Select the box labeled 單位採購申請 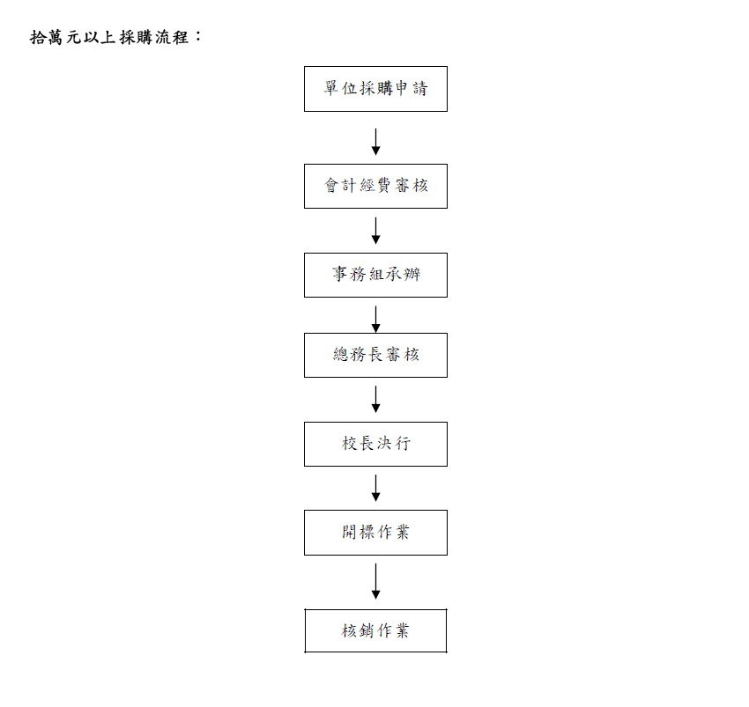coord(375,89)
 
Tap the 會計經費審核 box coord(375,186)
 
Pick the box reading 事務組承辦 coord(375,275)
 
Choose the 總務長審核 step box coord(375,355)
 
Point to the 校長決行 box coord(375,444)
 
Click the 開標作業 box coord(375,533)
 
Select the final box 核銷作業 coord(375,630)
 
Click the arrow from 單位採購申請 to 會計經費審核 coord(375,141)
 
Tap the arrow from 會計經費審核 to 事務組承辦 coord(375,230)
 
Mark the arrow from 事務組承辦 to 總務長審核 coord(375,319)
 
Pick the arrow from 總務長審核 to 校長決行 coord(375,399)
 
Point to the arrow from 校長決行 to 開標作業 coord(375,488)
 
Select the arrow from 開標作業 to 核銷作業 coord(375,581)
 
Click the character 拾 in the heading coord(40,38)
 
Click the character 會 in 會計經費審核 coord(333,186)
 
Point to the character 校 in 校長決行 coord(350,444)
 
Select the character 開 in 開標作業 coord(350,533)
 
